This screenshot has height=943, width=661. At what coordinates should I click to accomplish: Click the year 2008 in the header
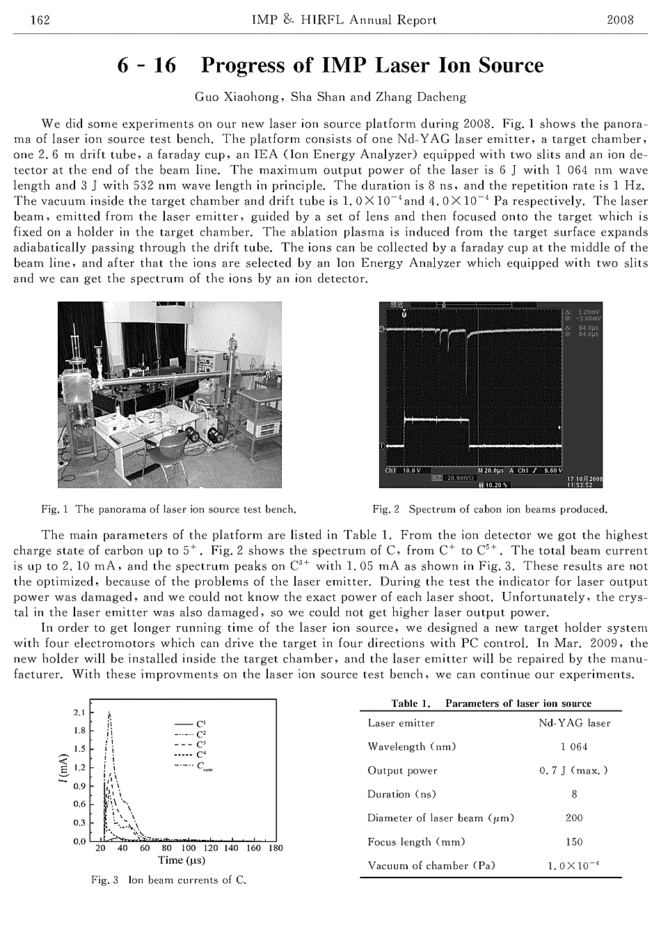click(620, 20)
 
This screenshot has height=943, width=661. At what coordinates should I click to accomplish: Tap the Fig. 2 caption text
click(490, 509)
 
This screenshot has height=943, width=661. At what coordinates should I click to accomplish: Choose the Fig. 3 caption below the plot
click(169, 880)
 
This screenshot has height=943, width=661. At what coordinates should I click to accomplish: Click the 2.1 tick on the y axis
click(79, 712)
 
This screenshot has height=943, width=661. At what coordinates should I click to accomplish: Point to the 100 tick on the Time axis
click(189, 848)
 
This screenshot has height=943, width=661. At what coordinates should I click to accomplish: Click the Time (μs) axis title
click(181, 860)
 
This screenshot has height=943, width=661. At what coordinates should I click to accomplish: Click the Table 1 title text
click(491, 703)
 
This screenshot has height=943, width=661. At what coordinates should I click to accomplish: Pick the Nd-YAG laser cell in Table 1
click(574, 723)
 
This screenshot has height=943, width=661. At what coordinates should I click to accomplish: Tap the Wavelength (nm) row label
click(411, 747)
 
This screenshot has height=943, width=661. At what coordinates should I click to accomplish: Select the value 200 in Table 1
click(574, 818)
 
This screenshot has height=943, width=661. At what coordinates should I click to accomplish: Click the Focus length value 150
click(574, 841)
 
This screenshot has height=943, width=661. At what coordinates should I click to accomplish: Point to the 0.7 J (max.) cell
click(574, 770)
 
